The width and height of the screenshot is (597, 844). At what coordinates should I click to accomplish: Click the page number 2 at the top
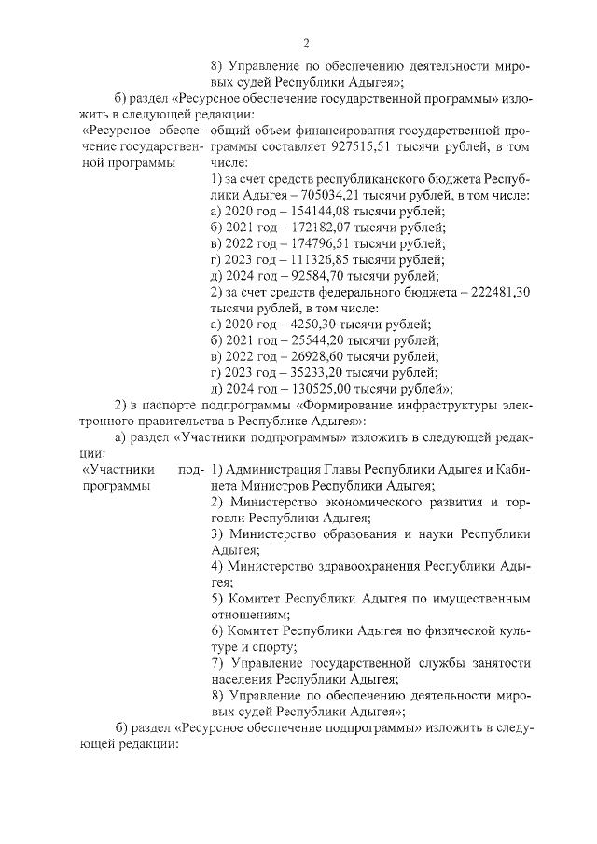305,42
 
